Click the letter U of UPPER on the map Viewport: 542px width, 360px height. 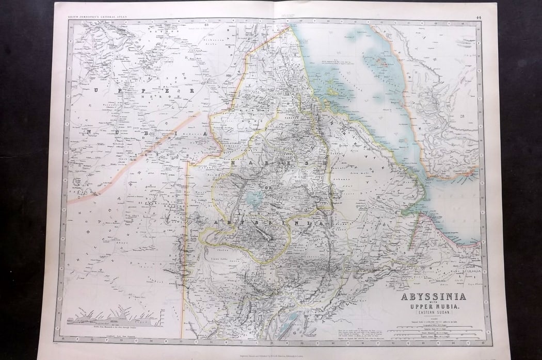coord(95,90)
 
